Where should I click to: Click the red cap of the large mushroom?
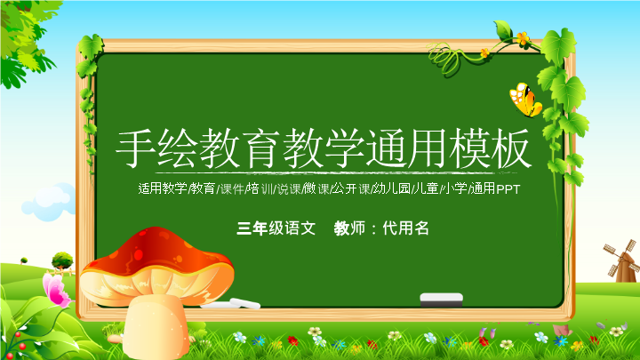coord(160,253)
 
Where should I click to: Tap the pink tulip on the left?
coord(55,289)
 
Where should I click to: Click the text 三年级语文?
coord(276,228)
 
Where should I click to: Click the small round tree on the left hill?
coord(62,260)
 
